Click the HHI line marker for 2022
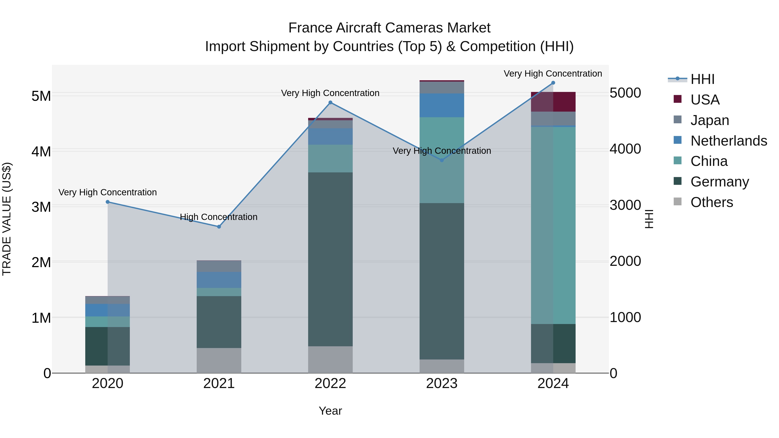click(330, 103)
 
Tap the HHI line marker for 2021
click(219, 227)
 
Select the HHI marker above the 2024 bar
click(553, 83)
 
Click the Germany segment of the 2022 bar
click(330, 259)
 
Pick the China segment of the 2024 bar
click(553, 225)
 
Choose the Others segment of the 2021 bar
click(219, 360)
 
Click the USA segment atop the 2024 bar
click(553, 102)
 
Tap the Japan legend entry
click(710, 120)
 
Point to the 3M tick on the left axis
click(41, 207)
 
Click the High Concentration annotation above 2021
click(219, 217)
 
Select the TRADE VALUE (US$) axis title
click(7, 219)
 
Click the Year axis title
click(330, 411)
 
